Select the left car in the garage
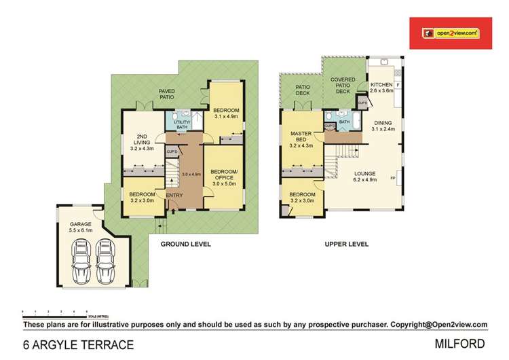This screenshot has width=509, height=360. (x=83, y=262)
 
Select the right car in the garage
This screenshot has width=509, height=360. (x=105, y=262)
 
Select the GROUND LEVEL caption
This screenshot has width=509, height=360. (x=185, y=243)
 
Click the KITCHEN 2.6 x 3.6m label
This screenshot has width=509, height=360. (x=381, y=88)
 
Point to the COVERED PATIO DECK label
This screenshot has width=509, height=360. (x=344, y=85)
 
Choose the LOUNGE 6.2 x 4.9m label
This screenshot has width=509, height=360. (x=365, y=177)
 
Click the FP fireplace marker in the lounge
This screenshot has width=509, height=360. (x=394, y=179)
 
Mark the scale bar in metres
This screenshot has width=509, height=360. (x=55, y=312)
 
